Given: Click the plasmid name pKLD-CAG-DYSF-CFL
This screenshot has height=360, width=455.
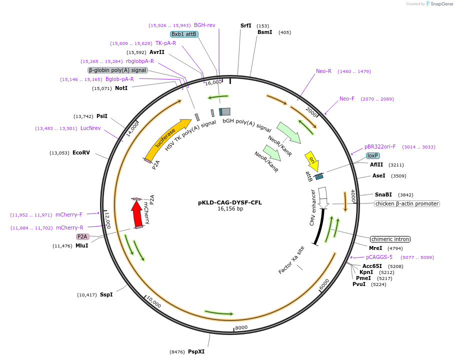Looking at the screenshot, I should coord(230,202).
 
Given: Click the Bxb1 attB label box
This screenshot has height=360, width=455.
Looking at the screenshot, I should coord(184,34).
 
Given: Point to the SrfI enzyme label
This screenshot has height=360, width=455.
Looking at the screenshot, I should coord(245,25).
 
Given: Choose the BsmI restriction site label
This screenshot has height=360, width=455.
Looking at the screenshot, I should coord(264,32).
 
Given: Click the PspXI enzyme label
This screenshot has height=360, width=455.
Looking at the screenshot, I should coord(196,351).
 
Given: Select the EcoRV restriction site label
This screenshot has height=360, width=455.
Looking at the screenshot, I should coord(81,152).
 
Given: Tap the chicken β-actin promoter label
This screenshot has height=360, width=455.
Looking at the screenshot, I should coord(406,203).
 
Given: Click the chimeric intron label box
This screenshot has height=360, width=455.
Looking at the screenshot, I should coord(390,239).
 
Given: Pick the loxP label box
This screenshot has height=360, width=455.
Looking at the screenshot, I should coord(372,155).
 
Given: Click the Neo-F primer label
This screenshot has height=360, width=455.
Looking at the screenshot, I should coord(346,99).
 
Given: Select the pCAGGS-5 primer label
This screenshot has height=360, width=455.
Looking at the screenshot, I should coord(379,257).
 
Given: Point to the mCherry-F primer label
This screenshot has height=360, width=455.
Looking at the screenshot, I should coord(69,215).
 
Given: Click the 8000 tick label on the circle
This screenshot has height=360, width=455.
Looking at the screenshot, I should coord(241,327).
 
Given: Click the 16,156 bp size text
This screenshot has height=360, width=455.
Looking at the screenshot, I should coord(230,209).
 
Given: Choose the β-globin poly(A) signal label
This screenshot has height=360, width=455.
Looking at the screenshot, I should coord(117,70).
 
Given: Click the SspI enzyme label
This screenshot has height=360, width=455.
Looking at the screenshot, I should coord(106,294).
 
